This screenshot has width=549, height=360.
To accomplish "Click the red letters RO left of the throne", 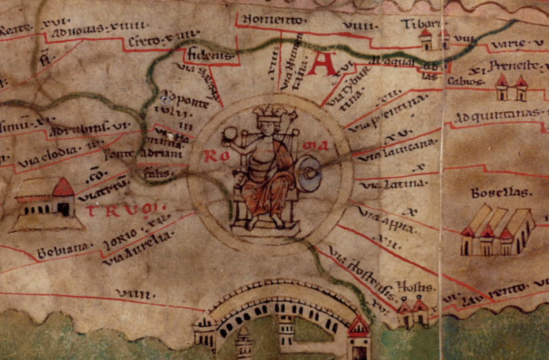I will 214,156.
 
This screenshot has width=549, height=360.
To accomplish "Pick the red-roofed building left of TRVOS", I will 45,200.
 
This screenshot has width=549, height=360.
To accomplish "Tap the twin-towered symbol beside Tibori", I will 434,40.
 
